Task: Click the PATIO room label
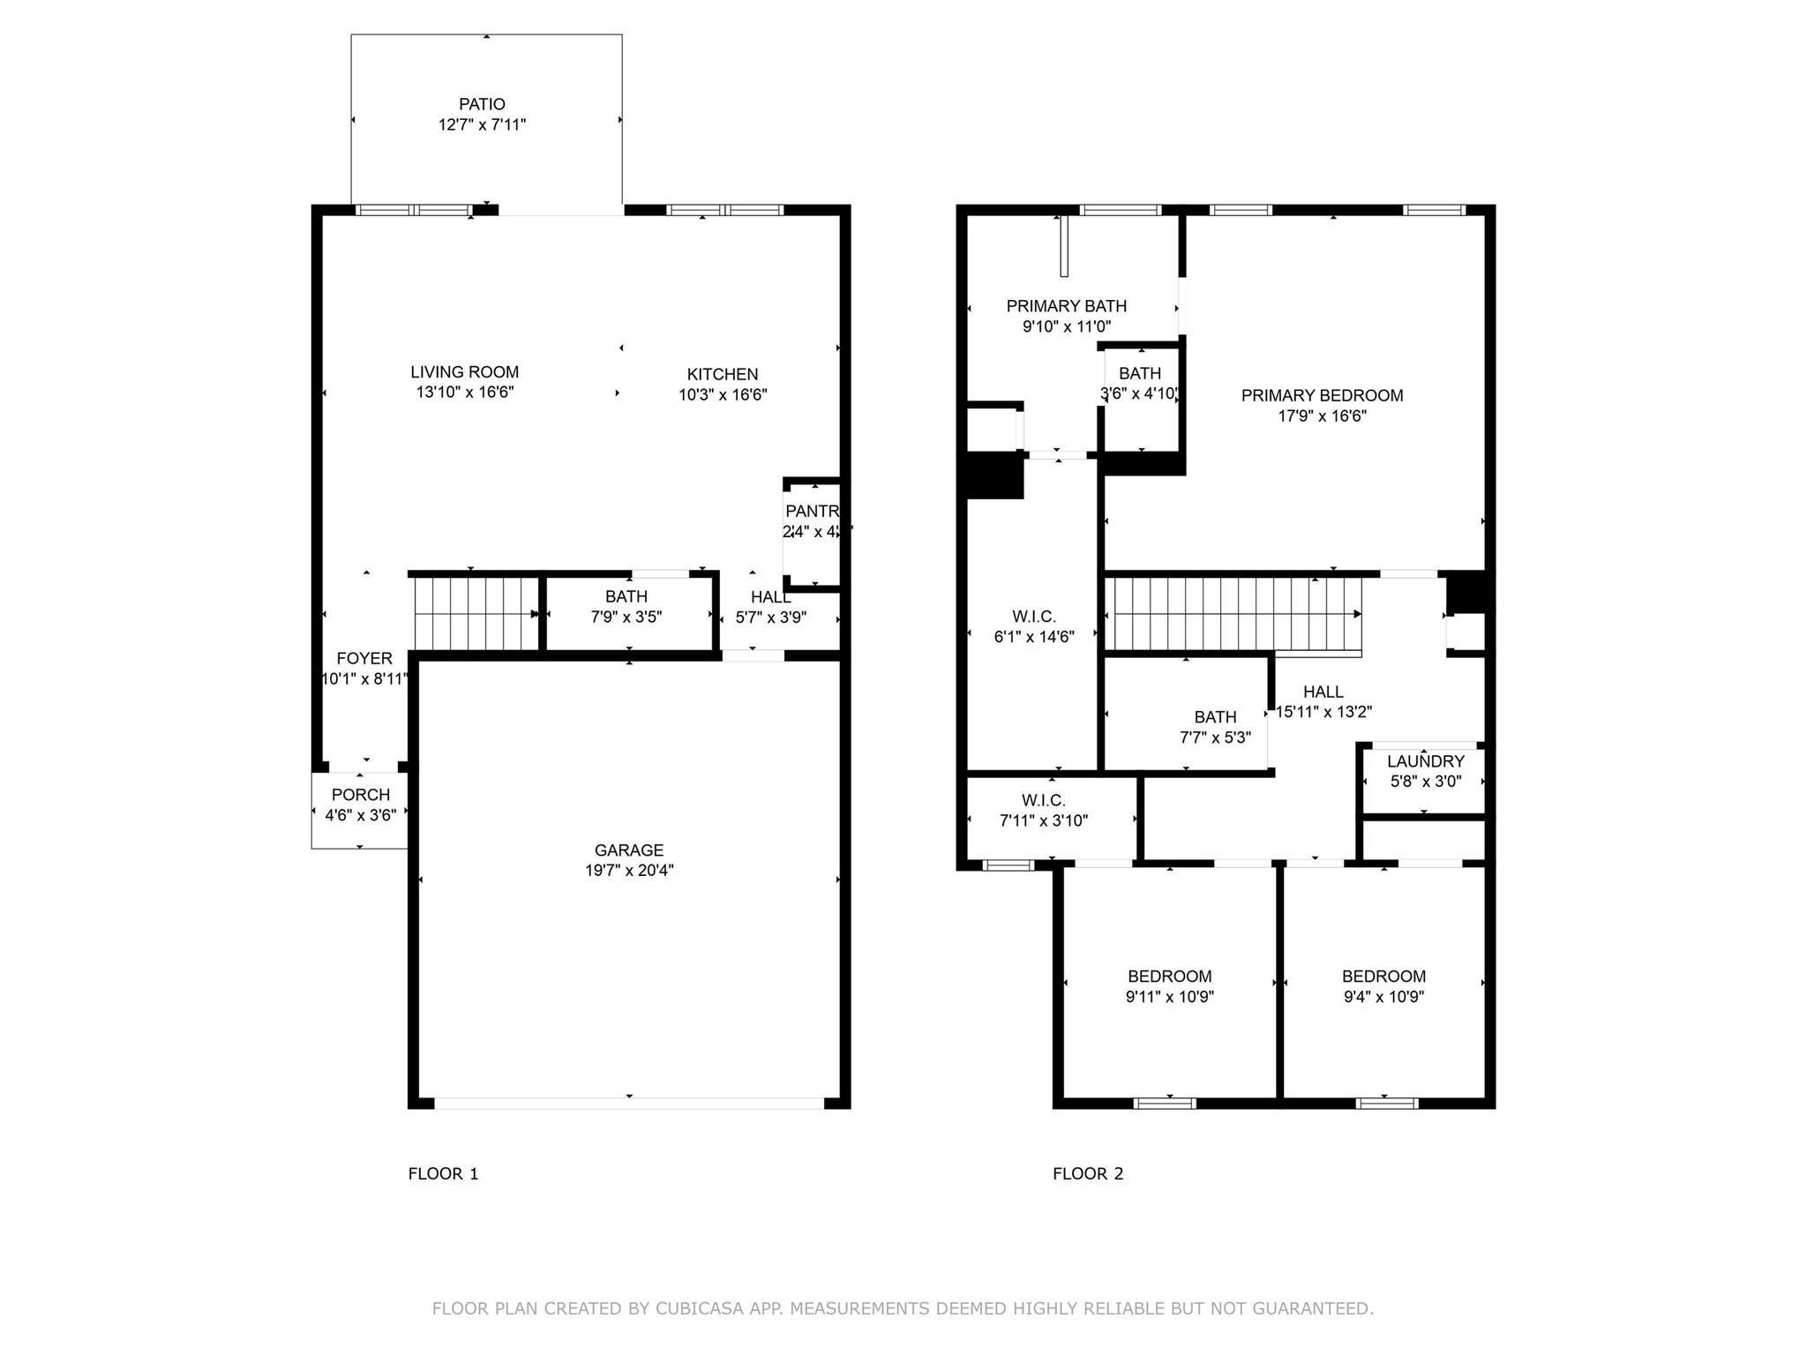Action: [482, 104]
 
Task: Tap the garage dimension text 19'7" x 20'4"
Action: [628, 871]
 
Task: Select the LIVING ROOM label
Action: [464, 372]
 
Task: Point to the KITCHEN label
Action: [723, 374]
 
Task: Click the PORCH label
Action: [361, 795]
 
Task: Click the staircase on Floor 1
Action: [476, 613]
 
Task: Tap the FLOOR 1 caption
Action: [443, 1173]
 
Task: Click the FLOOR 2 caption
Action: [1088, 1173]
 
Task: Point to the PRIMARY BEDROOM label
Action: [1322, 396]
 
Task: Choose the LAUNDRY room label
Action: [1425, 761]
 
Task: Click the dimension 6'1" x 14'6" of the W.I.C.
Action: [1033, 637]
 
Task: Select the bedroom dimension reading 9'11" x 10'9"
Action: [1169, 997]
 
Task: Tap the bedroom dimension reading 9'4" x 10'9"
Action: [1383, 997]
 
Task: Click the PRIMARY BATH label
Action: [1066, 306]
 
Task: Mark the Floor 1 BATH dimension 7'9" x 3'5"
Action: [626, 618]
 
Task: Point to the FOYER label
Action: [364, 658]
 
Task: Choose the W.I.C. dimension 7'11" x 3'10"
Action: [1043, 820]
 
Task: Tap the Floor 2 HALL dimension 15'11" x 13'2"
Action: [1323, 712]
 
